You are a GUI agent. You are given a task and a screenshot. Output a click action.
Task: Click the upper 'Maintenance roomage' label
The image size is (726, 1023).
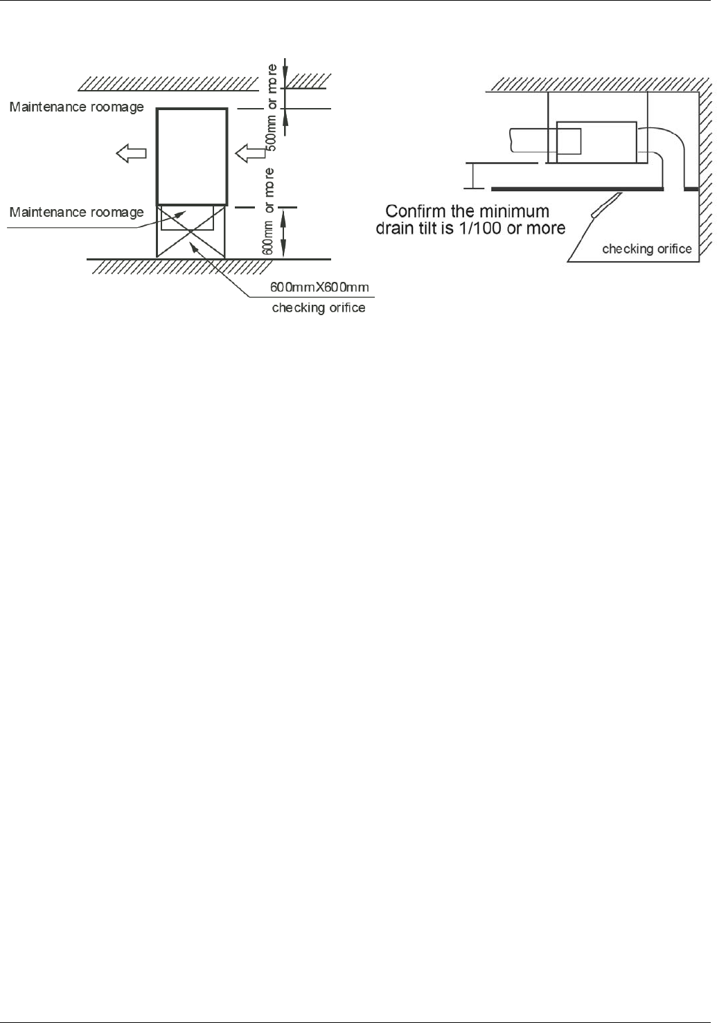coord(76,107)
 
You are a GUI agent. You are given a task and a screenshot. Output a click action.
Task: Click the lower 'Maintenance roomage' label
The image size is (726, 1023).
coord(76,212)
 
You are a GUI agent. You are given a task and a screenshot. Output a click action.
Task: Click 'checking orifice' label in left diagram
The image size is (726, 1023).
coord(319,308)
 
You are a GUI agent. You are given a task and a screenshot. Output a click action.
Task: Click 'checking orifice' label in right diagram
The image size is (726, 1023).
coord(646,249)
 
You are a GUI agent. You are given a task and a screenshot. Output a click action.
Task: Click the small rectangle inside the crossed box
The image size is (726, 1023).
coord(187,217)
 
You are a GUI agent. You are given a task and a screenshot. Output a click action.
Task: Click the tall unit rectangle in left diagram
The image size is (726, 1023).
coord(192,154)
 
